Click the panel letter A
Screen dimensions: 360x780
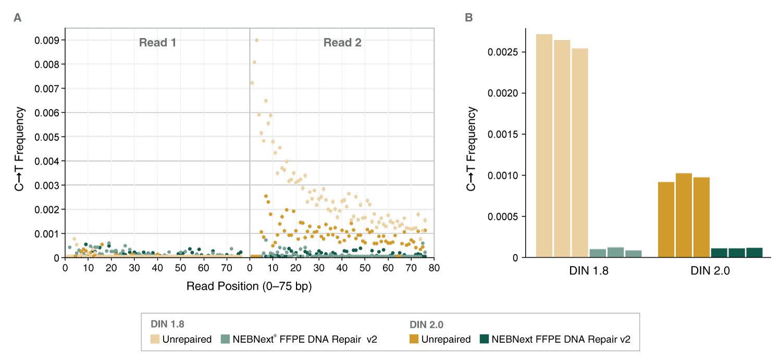(18, 18)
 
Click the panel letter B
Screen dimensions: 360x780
(469, 18)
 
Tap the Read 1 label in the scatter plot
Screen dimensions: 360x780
(157, 43)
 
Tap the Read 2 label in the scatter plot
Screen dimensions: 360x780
(342, 43)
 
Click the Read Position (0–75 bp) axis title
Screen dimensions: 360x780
(249, 287)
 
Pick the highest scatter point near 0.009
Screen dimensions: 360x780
(256, 40)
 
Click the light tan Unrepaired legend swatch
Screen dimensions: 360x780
(155, 339)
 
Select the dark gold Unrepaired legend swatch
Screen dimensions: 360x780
(414, 339)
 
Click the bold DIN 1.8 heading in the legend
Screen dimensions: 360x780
(167, 325)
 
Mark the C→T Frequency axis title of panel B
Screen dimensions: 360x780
(472, 148)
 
